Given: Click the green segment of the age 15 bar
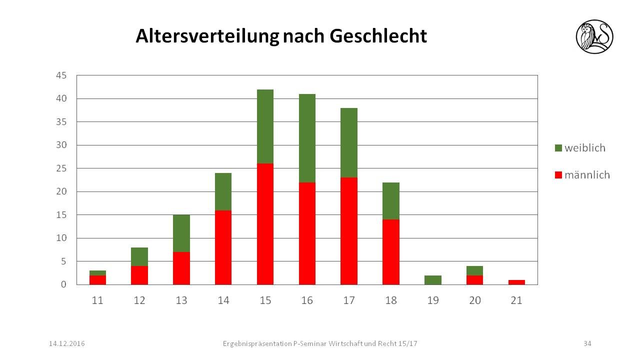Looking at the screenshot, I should pyautogui.click(x=265, y=126).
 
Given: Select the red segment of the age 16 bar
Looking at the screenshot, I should pyautogui.click(x=307, y=233).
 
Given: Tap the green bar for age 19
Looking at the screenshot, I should pyautogui.click(x=432, y=280).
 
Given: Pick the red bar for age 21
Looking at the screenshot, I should pyautogui.click(x=516, y=282).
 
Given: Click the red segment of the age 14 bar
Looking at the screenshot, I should pyautogui.click(x=223, y=247).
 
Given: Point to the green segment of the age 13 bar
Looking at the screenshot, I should pyautogui.click(x=181, y=233).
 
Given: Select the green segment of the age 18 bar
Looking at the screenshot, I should pyautogui.click(x=390, y=201).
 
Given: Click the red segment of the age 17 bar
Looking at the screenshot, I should pyautogui.click(x=349, y=231).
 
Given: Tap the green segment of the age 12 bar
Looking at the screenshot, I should pyautogui.click(x=139, y=256).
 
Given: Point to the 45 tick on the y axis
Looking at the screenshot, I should pyautogui.click(x=61, y=75).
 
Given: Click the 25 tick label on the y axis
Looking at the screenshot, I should pyautogui.click(x=61, y=168).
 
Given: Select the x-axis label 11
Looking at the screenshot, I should pyautogui.click(x=97, y=300).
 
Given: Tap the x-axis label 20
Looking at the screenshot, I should pyautogui.click(x=474, y=300).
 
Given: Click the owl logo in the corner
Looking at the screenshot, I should pyautogui.click(x=594, y=36).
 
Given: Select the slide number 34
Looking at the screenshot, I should pyautogui.click(x=587, y=343).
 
